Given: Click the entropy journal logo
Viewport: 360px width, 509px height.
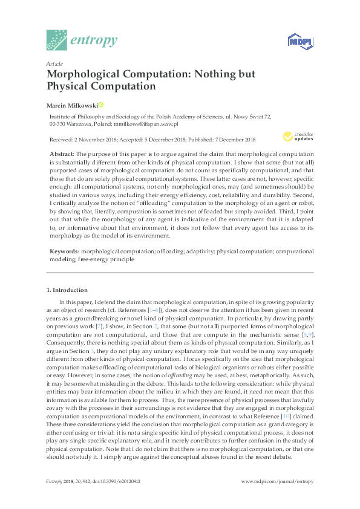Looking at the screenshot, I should (x=82, y=40).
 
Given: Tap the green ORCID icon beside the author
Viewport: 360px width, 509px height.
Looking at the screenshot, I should (x=101, y=104).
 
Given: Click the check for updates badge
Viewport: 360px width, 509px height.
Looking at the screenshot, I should (x=295, y=136).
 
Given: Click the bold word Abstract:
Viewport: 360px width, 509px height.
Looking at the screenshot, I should (x=62, y=155).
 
